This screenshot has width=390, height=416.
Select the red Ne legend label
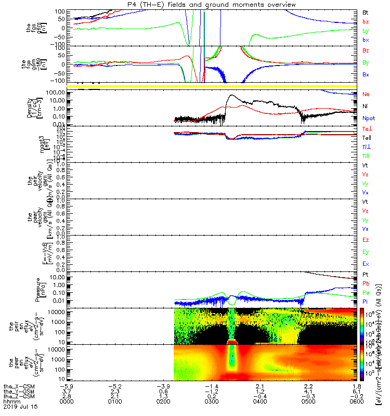[x=366, y=94]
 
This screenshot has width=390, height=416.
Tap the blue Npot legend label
[x=369, y=119]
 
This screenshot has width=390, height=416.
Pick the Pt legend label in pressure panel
[x=366, y=274]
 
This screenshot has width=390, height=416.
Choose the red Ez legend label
[x=366, y=240]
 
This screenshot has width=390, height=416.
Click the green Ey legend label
[x=366, y=252]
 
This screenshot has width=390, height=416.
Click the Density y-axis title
[x=32, y=107]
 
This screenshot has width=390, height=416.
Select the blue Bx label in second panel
[x=366, y=75]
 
